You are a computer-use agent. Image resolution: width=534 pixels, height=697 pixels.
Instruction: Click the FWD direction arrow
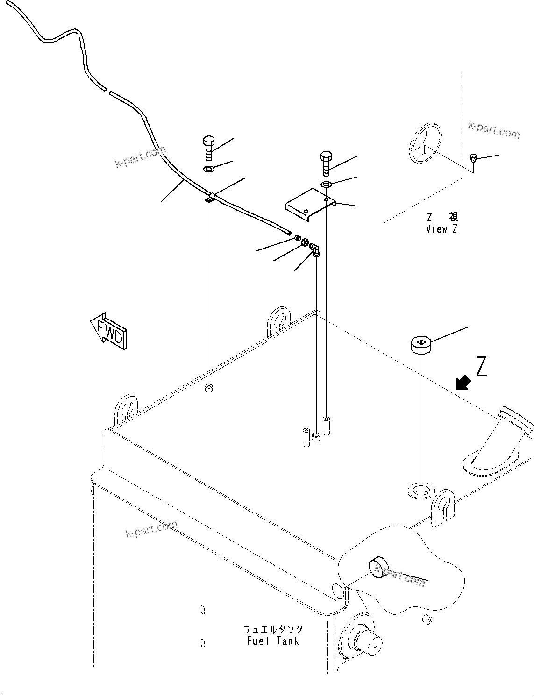click(x=109, y=331)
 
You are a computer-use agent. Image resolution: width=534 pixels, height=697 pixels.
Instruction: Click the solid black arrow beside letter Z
click(x=463, y=383)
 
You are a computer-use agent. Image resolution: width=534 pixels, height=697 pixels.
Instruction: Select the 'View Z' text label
click(x=441, y=229)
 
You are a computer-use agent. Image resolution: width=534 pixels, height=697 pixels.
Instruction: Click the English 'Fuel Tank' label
click(x=273, y=640)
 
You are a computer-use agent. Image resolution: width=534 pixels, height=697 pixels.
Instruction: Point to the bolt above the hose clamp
click(x=209, y=147)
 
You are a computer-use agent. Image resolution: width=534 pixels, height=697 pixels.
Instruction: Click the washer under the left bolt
click(x=209, y=168)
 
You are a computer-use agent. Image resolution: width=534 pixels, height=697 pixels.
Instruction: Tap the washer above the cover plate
click(x=326, y=184)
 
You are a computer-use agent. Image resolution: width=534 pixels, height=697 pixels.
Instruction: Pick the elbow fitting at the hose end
click(x=316, y=249)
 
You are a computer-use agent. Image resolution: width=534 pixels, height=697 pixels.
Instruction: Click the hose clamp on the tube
click(x=210, y=199)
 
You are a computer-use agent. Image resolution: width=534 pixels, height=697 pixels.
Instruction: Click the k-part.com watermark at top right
click(x=494, y=129)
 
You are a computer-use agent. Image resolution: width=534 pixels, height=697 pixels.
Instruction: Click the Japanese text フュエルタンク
click(x=273, y=629)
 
